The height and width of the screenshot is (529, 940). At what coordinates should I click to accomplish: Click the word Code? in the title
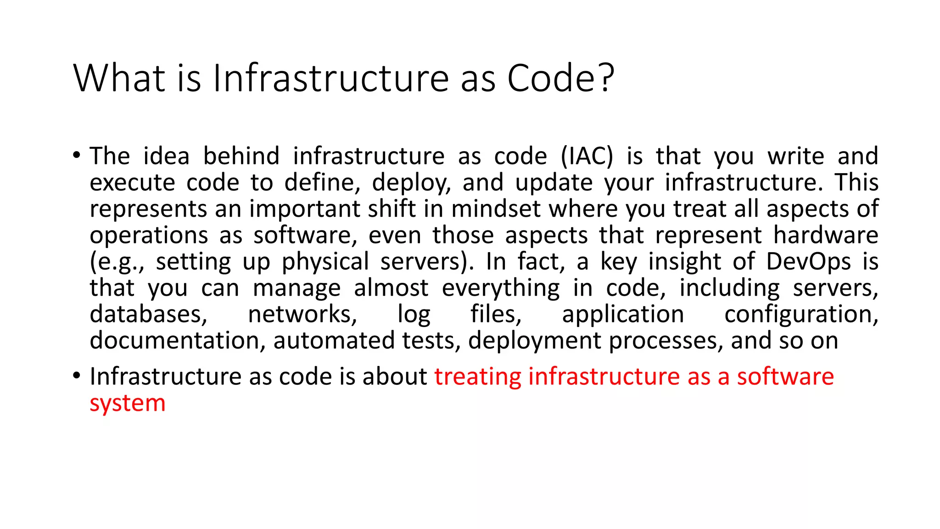(x=560, y=78)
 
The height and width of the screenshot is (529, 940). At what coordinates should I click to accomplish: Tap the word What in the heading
(x=119, y=78)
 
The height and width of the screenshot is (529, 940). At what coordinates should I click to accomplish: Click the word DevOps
(x=808, y=262)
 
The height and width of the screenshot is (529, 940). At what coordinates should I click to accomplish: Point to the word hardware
(x=826, y=235)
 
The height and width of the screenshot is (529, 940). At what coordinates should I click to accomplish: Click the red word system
(x=128, y=404)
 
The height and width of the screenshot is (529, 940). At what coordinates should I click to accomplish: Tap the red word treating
(x=478, y=377)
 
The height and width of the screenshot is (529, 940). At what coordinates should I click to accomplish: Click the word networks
(x=302, y=315)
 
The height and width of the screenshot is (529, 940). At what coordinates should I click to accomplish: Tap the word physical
(x=325, y=262)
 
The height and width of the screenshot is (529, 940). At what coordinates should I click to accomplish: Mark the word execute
(x=132, y=183)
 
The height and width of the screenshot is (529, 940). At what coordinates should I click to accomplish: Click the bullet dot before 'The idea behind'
(x=77, y=155)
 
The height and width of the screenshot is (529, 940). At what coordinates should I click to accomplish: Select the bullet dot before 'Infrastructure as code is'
(x=77, y=376)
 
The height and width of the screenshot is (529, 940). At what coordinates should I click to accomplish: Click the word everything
(x=501, y=288)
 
